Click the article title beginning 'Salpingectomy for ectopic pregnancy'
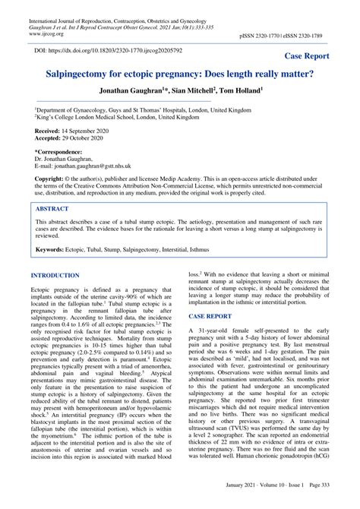[179, 77]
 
